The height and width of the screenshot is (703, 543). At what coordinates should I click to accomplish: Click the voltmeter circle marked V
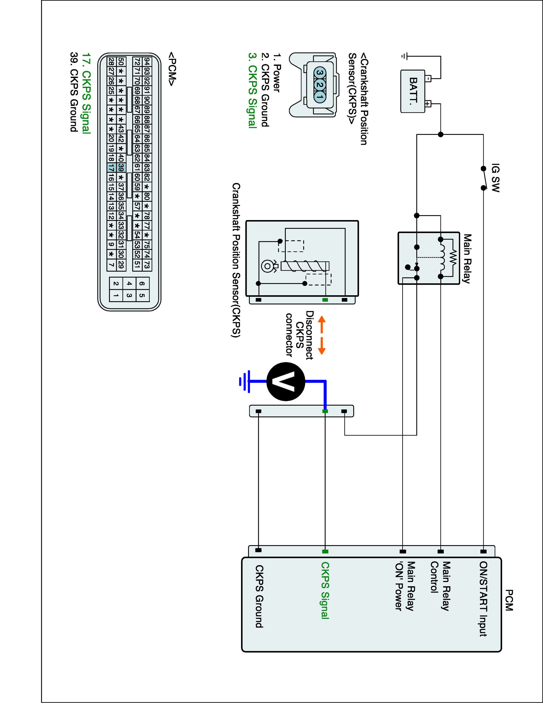(x=286, y=381)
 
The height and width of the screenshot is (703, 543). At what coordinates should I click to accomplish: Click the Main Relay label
(x=467, y=258)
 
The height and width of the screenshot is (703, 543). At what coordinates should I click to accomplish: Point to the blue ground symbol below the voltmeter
(x=245, y=381)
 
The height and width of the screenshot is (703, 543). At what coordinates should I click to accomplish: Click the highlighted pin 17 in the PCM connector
(x=111, y=167)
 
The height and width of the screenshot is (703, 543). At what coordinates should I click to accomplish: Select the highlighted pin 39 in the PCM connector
(x=121, y=167)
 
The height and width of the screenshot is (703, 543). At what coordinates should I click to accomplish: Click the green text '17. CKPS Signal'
(x=86, y=93)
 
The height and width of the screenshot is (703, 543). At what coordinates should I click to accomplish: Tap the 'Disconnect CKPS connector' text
(x=299, y=335)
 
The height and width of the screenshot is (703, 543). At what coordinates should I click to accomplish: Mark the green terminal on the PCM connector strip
(x=325, y=551)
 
